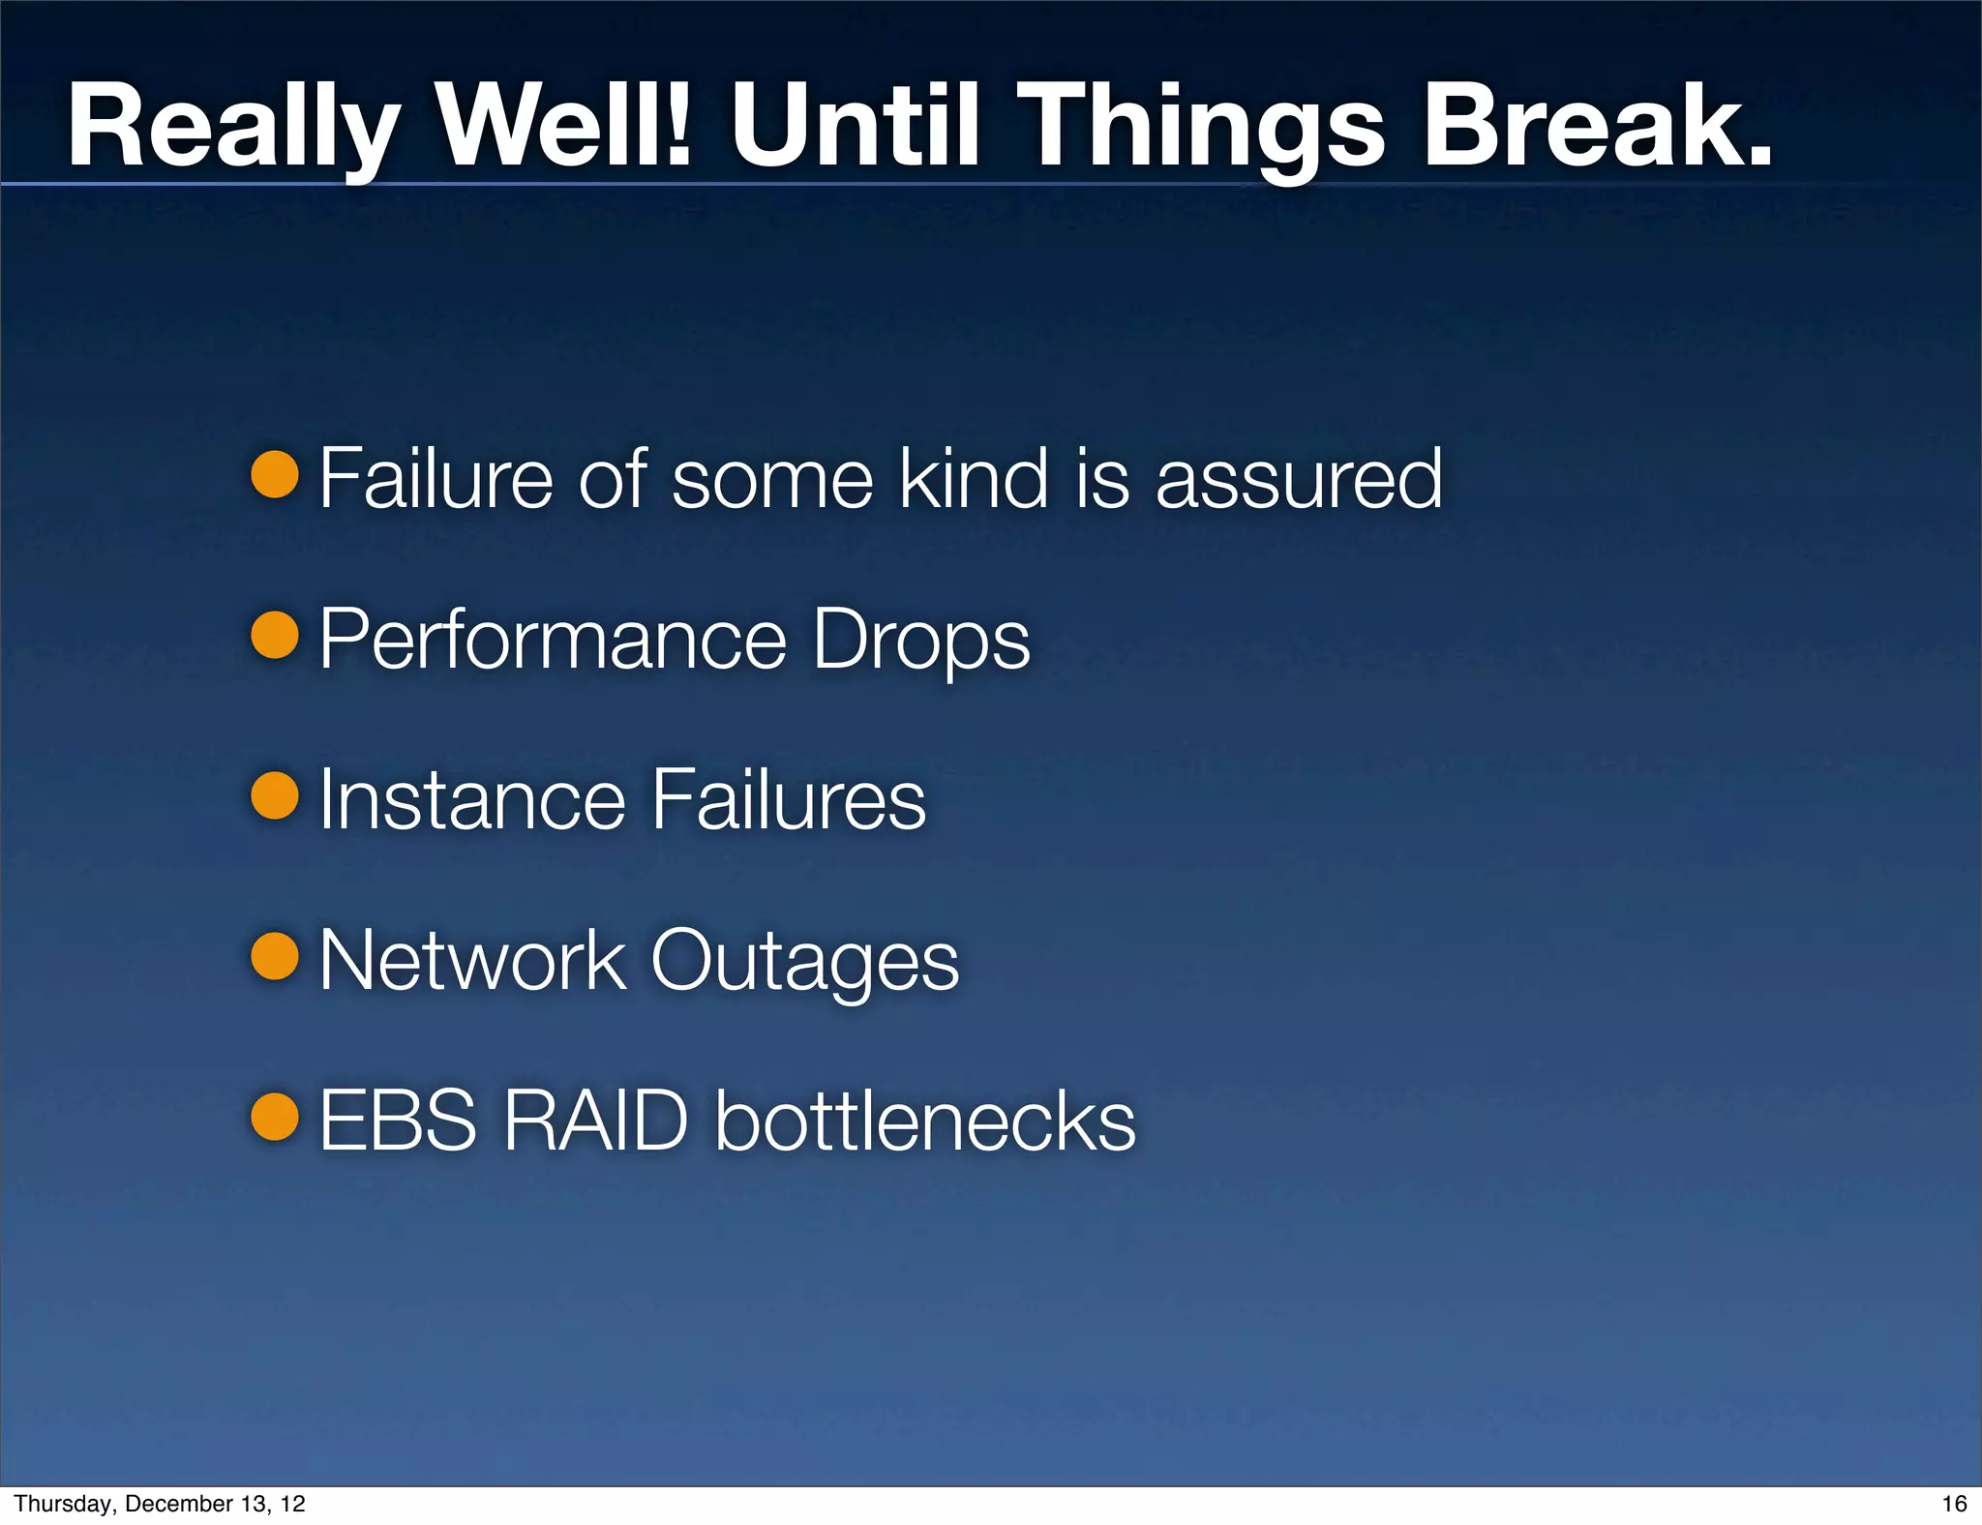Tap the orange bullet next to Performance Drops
click(x=275, y=635)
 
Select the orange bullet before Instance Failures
click(x=275, y=795)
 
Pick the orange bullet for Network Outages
click(x=275, y=956)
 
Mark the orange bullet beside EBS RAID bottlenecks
click(x=275, y=1117)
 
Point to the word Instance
click(x=472, y=799)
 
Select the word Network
click(x=472, y=960)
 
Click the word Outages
click(x=804, y=962)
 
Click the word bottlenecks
click(x=925, y=1121)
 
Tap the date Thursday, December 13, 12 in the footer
click(x=160, y=1503)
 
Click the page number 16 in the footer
click(x=1954, y=1503)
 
